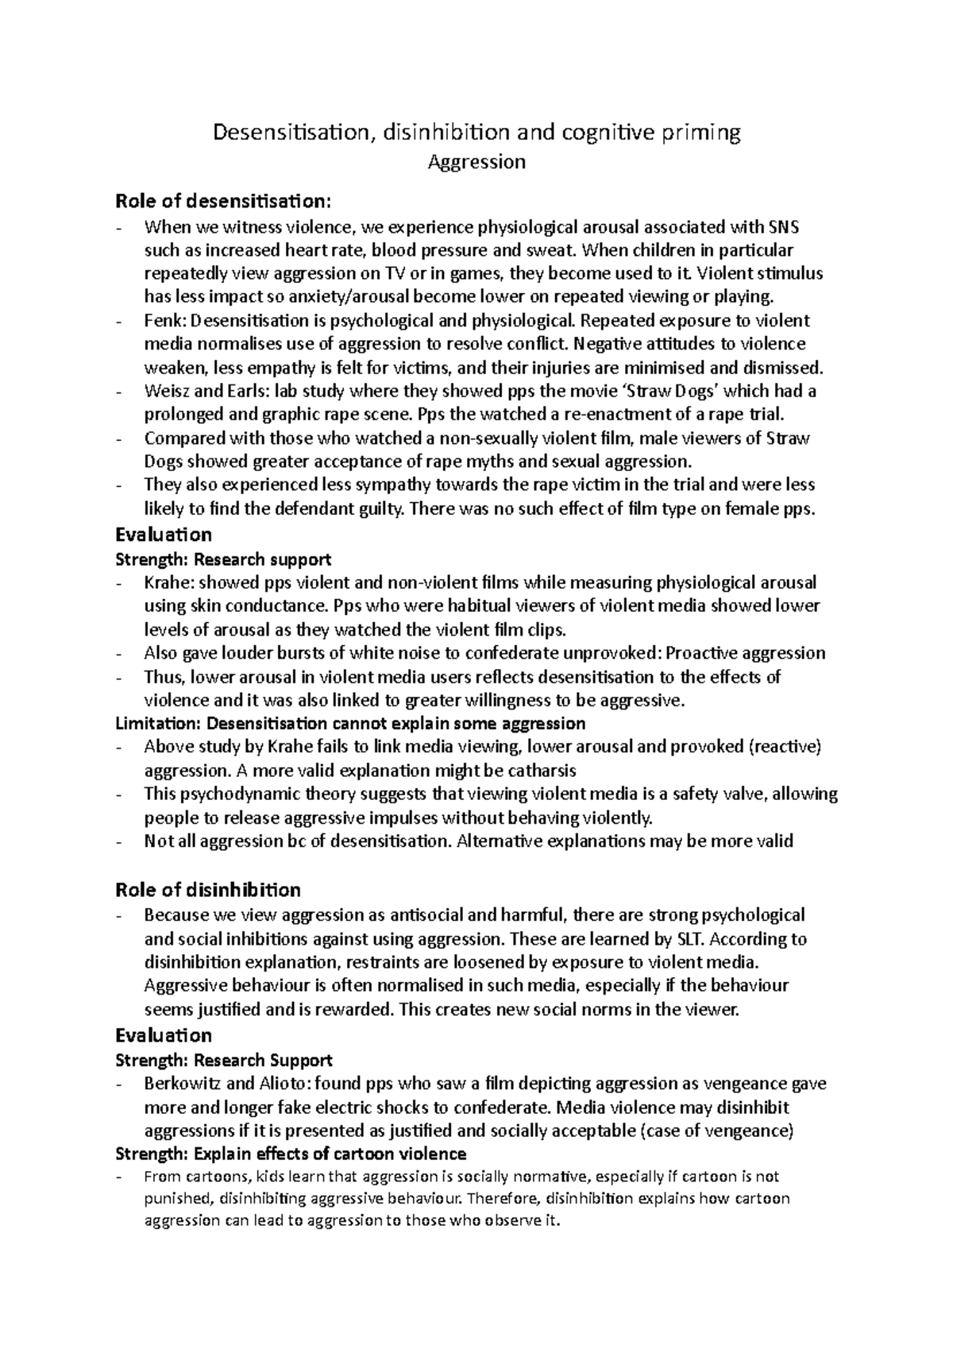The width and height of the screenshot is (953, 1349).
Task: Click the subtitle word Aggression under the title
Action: tap(476, 163)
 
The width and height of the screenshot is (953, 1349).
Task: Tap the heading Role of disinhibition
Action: tap(208, 889)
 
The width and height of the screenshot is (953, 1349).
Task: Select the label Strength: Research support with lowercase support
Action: tap(223, 559)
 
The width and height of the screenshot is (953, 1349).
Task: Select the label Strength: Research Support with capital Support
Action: tap(224, 1060)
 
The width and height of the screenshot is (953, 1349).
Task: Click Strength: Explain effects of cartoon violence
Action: tap(291, 1154)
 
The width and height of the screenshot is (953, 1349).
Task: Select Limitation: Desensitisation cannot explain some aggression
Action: tap(350, 724)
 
